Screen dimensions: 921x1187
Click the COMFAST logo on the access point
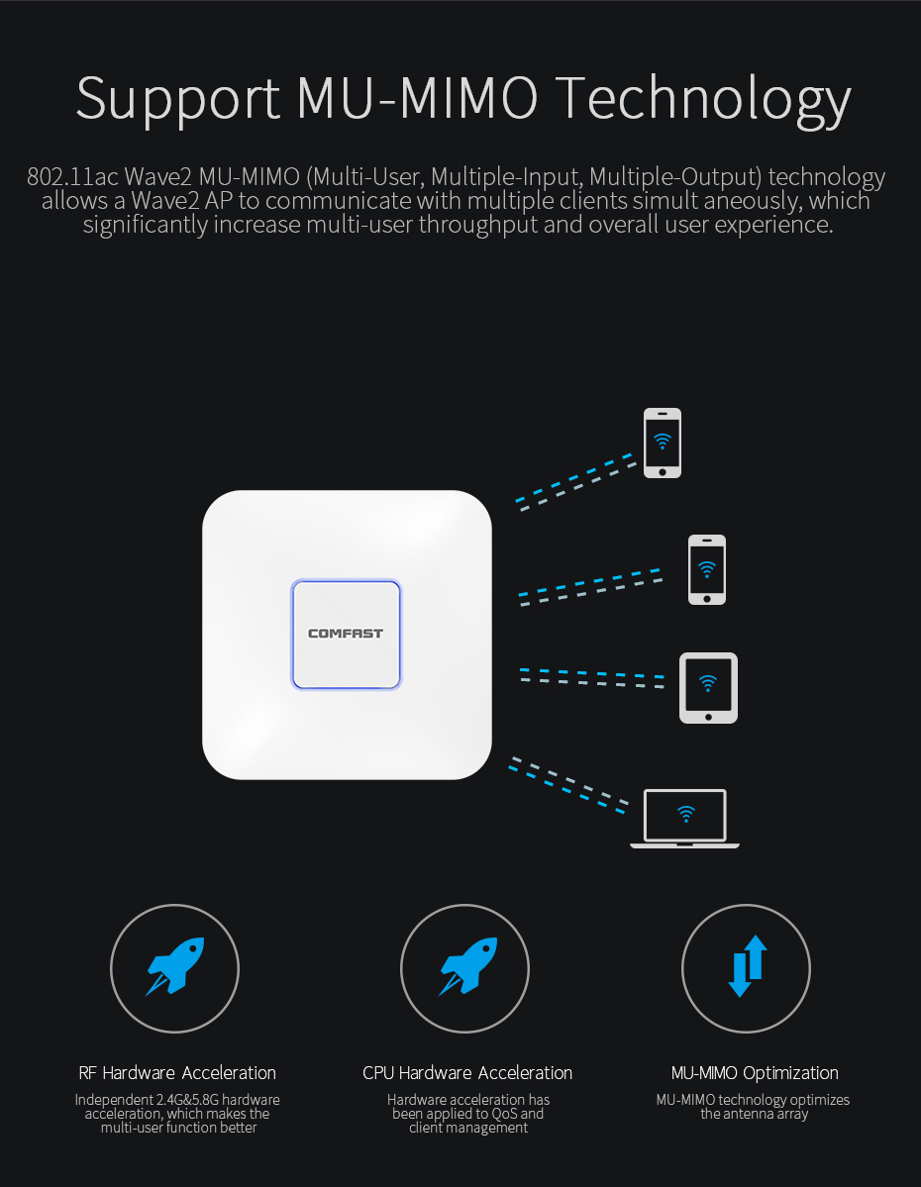[346, 634]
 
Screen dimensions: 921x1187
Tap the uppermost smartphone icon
[662, 443]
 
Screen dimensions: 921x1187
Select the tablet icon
[708, 688]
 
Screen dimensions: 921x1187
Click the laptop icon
[684, 819]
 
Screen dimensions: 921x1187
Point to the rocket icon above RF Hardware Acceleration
[175, 965]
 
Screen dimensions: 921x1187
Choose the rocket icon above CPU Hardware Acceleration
[467, 965]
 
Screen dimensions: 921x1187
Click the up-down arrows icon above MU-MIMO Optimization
[747, 966]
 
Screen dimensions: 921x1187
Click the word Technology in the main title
[703, 100]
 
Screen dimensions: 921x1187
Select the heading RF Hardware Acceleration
[177, 1073]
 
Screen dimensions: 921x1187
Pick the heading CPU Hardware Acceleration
[467, 1073]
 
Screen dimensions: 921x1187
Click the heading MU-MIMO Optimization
[755, 1073]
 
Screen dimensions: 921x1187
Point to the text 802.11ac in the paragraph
[72, 176]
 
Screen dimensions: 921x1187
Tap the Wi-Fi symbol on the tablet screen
[708, 683]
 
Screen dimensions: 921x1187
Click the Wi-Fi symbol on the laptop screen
[686, 814]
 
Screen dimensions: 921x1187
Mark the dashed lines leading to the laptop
[568, 785]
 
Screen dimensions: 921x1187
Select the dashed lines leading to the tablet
[592, 677]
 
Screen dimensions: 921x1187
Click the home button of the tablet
[708, 717]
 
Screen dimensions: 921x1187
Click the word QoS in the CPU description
[504, 1114]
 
